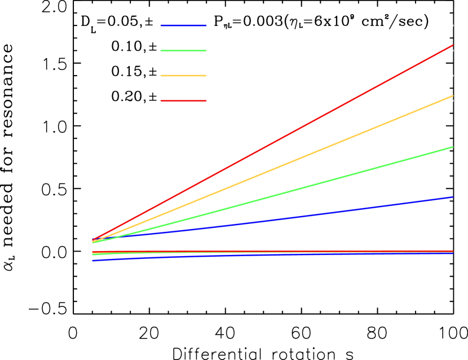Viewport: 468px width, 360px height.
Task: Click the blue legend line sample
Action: tap(183, 25)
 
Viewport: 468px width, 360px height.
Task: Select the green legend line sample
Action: tap(183, 51)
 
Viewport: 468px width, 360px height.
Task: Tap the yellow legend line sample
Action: tap(183, 76)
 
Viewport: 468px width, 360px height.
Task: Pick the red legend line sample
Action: tap(183, 101)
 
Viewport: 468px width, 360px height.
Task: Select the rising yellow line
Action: tap(271, 170)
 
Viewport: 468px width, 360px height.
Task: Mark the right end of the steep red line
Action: tap(452, 45)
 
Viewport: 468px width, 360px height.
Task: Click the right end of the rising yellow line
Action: tap(452, 96)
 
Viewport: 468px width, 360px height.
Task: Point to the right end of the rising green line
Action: tap(452, 147)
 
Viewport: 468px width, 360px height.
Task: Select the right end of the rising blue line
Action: tap(452, 197)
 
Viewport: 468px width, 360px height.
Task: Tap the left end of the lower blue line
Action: tap(93, 260)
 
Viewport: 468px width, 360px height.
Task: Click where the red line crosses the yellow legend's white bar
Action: tap(397, 76)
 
